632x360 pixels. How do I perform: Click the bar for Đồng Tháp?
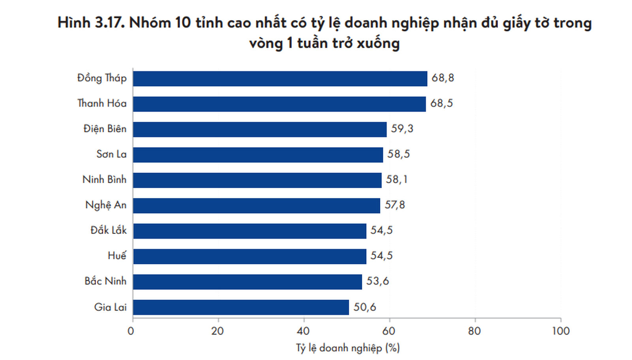[x=280, y=79]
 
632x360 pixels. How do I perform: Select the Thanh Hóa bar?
[x=279, y=104]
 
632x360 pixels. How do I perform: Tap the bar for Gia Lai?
[x=241, y=307]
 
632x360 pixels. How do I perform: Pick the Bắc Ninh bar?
[x=247, y=282]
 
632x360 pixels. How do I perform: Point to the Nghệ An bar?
[x=256, y=206]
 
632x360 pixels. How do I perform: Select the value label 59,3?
[x=402, y=129]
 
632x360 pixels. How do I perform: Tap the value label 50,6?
[x=365, y=307]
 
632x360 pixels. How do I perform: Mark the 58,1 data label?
[x=397, y=180]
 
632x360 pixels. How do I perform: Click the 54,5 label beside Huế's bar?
[x=382, y=256]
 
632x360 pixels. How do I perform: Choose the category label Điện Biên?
[x=105, y=129]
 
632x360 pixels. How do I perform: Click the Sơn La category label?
[x=111, y=154]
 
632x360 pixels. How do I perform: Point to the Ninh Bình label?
[x=104, y=179]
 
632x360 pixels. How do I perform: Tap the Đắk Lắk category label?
[x=109, y=230]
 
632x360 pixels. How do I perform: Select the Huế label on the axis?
[x=117, y=255]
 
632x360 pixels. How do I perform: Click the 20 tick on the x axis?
[x=217, y=331]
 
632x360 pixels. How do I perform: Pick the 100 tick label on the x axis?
[x=561, y=331]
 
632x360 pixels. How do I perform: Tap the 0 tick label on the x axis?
[x=131, y=331]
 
